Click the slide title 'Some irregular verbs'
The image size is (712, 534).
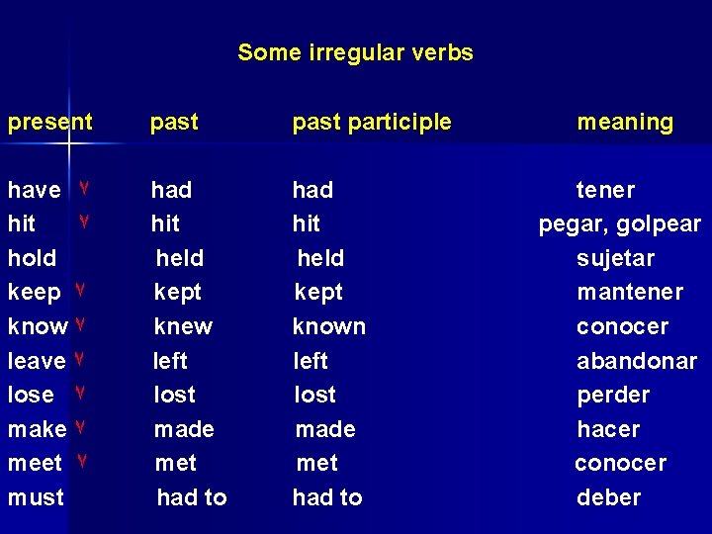point(355,52)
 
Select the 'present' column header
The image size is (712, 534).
point(49,123)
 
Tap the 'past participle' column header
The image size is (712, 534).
point(371,123)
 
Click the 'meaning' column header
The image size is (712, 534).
point(625,123)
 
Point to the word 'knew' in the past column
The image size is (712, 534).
point(183,326)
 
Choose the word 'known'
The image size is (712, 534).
point(328,326)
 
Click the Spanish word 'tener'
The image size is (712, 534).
point(605,190)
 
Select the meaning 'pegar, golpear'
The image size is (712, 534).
point(619,224)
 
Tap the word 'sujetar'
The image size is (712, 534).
point(615,259)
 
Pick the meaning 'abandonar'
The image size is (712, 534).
point(636,361)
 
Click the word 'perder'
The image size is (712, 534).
point(613,396)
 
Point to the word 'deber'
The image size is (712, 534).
point(608,497)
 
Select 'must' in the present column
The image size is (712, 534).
point(36,497)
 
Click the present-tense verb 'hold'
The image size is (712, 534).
point(32,259)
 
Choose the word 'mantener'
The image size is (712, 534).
point(630,293)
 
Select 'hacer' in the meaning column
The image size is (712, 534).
point(608,430)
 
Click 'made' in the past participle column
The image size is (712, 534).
point(325,430)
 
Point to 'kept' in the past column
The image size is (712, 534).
point(177,293)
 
